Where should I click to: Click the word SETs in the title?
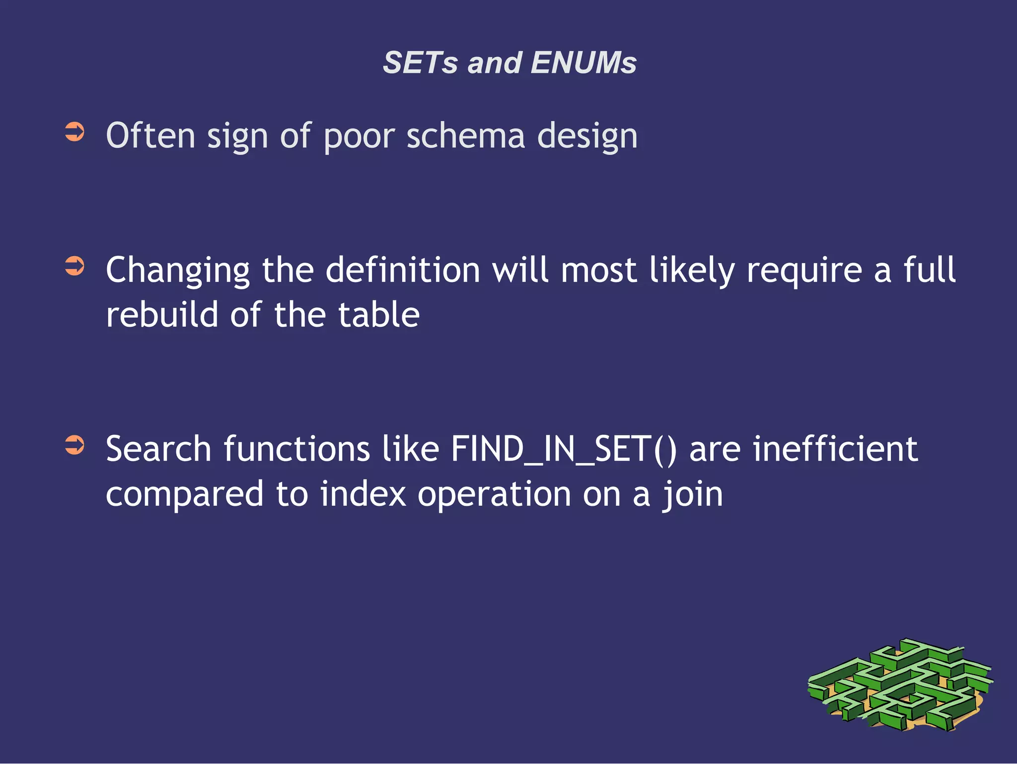click(420, 63)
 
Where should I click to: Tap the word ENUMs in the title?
click(583, 63)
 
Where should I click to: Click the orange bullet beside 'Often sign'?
click(75, 132)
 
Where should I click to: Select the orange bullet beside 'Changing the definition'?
click(75, 266)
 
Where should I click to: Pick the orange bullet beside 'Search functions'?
click(75, 445)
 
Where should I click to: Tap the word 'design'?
click(587, 137)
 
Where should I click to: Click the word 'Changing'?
click(178, 271)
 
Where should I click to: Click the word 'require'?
click(804, 271)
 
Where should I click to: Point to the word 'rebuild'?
click(162, 315)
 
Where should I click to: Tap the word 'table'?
click(378, 315)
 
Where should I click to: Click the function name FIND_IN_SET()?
click(564, 449)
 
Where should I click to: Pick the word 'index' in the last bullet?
click(363, 494)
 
